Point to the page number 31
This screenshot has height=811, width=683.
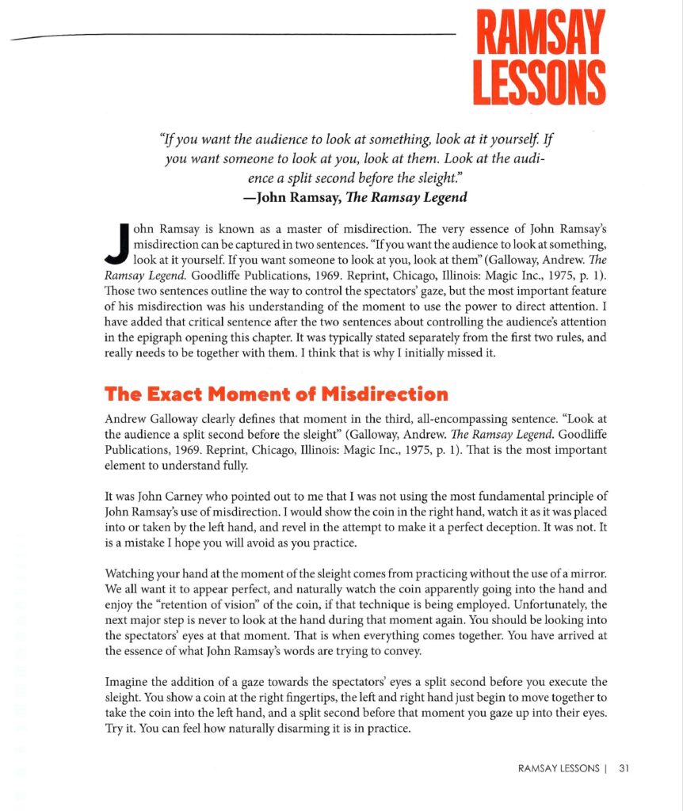(x=624, y=767)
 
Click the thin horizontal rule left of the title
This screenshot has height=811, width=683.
(x=238, y=35)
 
